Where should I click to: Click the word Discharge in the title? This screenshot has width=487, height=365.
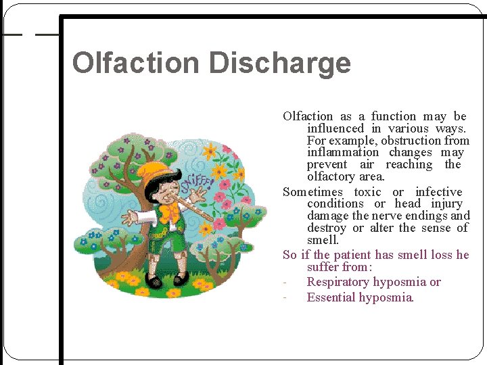pyautogui.click(x=279, y=63)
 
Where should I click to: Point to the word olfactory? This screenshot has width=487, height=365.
pyautogui.click(x=333, y=177)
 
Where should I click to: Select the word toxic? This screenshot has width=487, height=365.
pyautogui.click(x=367, y=192)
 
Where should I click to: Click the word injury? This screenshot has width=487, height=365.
pyautogui.click(x=446, y=203)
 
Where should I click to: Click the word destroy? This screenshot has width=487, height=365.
pyautogui.click(x=328, y=228)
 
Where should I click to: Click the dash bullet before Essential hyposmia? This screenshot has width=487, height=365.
pyautogui.click(x=287, y=298)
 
